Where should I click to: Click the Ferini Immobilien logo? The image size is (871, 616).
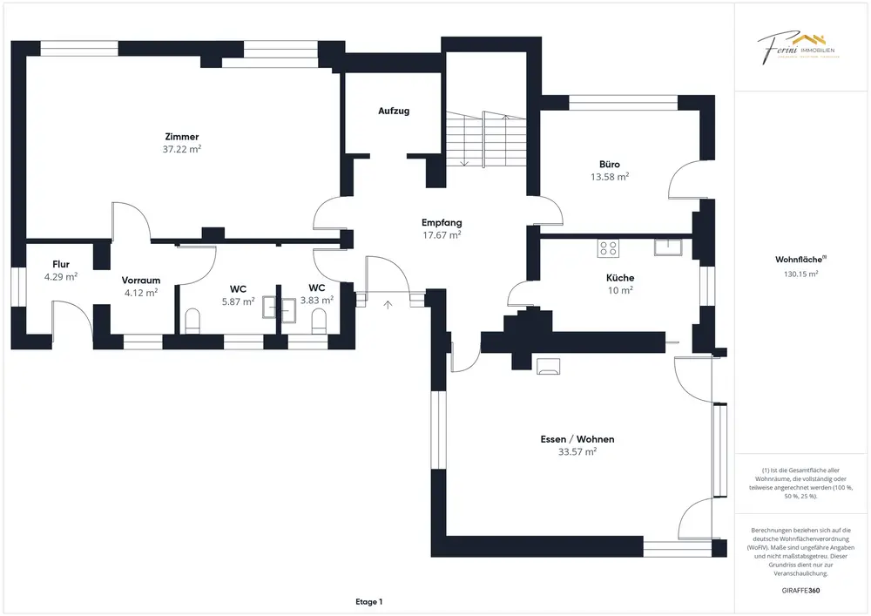click(x=796, y=47)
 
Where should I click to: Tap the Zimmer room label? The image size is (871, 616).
click(x=182, y=137)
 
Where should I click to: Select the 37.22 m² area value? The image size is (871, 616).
click(x=182, y=150)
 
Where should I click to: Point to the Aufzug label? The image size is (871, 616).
click(x=394, y=112)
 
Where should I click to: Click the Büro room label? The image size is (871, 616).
click(x=610, y=164)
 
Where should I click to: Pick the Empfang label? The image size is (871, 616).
click(x=442, y=222)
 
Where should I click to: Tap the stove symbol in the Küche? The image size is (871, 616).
click(x=608, y=248)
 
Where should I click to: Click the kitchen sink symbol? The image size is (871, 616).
click(x=669, y=247)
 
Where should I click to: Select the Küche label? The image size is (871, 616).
click(x=621, y=278)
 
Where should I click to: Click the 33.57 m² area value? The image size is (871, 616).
click(x=577, y=452)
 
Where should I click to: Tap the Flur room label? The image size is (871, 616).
click(x=61, y=264)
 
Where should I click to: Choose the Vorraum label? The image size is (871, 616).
click(x=140, y=280)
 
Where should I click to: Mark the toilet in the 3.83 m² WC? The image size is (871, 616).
click(x=318, y=322)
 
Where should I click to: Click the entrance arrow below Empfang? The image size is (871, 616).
click(x=388, y=304)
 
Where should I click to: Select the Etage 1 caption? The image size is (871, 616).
click(x=369, y=601)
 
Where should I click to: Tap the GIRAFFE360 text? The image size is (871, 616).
click(x=801, y=591)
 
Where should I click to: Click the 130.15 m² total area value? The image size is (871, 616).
click(x=801, y=274)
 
